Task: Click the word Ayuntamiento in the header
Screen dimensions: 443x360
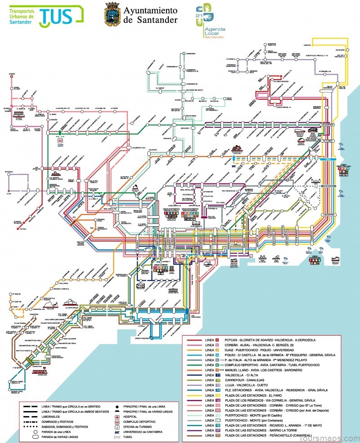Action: pos(150,9)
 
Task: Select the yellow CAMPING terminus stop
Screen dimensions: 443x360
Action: pos(312,45)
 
